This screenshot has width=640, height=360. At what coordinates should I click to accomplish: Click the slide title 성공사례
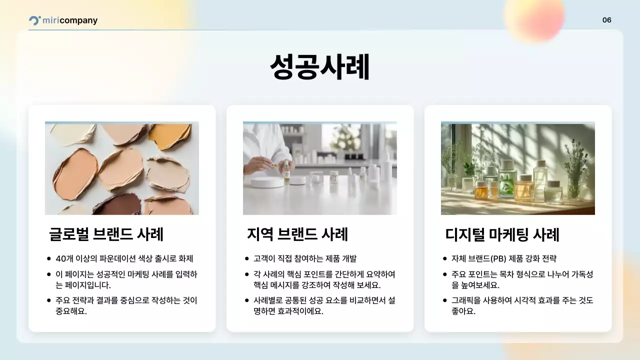coord(319,67)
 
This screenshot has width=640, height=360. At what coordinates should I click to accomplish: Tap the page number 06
coord(606,20)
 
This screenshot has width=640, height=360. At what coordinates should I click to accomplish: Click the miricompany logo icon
coord(34,20)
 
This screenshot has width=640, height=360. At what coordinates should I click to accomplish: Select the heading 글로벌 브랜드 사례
coord(106,234)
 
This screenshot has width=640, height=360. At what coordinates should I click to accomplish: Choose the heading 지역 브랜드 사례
coord(297,234)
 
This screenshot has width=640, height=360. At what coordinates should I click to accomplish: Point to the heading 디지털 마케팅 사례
coord(502,234)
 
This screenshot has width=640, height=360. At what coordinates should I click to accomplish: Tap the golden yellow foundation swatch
coord(169,135)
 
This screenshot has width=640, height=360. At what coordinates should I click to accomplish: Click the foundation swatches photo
coord(122,168)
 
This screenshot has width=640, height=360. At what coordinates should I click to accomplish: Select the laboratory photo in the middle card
coord(320,168)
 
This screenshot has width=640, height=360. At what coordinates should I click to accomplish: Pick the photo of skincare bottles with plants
coord(518,168)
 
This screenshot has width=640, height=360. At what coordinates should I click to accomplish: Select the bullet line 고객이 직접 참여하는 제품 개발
coord(304,258)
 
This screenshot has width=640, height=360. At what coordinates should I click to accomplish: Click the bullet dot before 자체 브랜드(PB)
coord(445,258)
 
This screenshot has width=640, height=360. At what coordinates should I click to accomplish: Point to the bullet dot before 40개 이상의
coord(49,258)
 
